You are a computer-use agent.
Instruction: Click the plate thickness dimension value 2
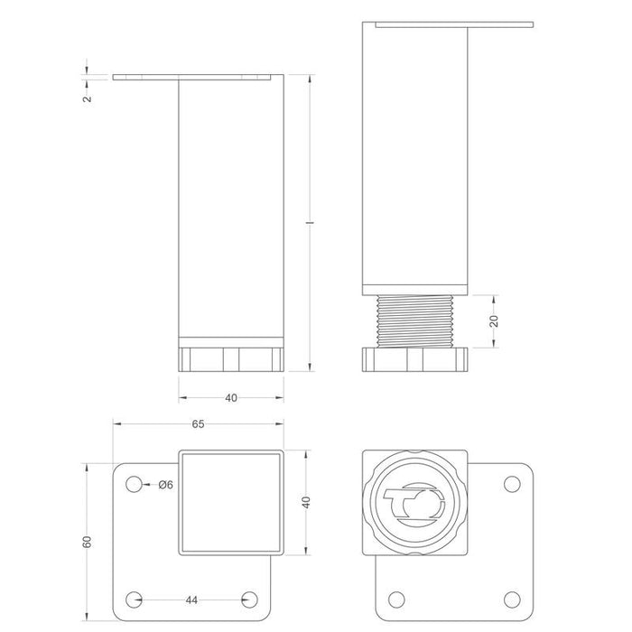(x=88, y=98)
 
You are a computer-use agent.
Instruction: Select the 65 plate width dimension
(x=198, y=424)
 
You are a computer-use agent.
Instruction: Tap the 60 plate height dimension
(x=87, y=542)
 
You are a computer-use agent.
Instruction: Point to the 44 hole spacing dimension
(x=191, y=600)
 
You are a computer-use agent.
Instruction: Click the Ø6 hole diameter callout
(x=165, y=485)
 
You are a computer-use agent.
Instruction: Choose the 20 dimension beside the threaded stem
(x=494, y=321)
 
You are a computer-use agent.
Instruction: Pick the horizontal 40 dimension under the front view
(x=231, y=398)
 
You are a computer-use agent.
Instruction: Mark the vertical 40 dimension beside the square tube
(x=306, y=502)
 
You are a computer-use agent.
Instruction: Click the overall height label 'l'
(x=310, y=222)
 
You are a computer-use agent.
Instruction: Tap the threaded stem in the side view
(x=415, y=321)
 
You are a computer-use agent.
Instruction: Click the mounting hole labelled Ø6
(x=134, y=484)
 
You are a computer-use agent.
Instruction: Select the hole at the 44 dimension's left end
(x=134, y=599)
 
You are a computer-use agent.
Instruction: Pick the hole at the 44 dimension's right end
(x=249, y=599)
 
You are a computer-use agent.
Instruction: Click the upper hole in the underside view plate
(x=512, y=484)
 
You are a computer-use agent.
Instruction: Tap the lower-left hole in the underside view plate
(x=396, y=599)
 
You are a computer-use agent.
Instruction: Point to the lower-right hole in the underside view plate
(x=512, y=599)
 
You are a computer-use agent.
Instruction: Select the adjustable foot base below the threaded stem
(x=415, y=359)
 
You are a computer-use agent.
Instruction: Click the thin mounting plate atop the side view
(x=454, y=24)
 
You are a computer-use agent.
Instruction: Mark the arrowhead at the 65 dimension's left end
(x=117, y=424)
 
